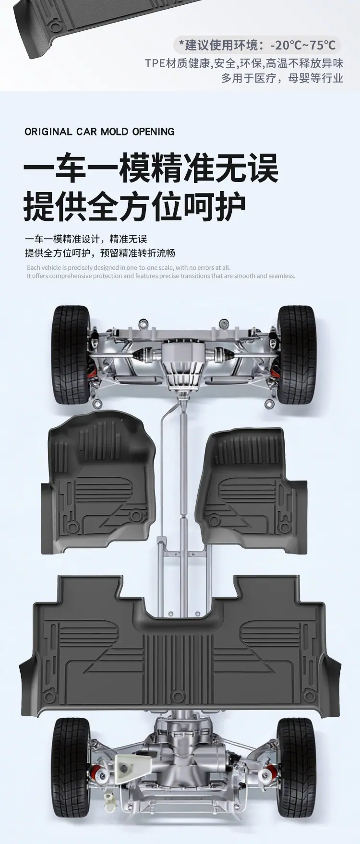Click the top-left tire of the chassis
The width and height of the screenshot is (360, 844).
coord(72,354)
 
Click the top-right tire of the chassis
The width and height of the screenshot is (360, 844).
coord(297,354)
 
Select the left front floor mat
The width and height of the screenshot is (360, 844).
coord(98,482)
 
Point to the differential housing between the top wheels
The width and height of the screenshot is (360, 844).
coord(183,360)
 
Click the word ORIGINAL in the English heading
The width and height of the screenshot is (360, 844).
coord(48,132)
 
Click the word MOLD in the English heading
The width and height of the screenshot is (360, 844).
coord(114,132)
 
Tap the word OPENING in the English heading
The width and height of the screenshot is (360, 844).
coord(153,132)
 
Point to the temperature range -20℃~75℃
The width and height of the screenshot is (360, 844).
coord(303,45)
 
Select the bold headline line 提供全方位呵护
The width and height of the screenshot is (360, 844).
coord(135,206)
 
